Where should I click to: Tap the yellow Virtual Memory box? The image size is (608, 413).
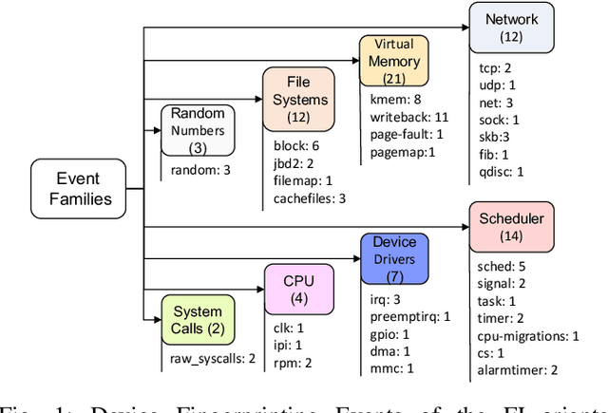click(393, 60)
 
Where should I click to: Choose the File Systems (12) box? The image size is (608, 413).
click(298, 99)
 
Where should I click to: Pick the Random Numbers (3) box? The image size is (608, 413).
click(198, 130)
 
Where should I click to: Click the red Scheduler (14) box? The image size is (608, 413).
click(511, 227)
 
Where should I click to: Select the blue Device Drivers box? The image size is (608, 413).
click(394, 259)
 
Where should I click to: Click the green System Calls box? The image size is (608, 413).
click(198, 320)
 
